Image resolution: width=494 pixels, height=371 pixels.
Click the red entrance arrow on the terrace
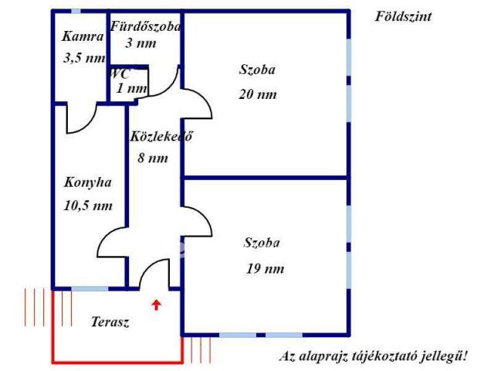click(x=157, y=305)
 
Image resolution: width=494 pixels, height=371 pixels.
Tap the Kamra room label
click(x=83, y=36)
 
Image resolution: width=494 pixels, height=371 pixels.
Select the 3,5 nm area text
click(x=84, y=58)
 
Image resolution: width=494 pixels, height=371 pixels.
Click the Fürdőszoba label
click(x=145, y=26)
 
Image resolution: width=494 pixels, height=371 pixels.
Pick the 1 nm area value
click(x=131, y=88)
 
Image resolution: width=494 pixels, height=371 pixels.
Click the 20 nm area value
click(x=257, y=94)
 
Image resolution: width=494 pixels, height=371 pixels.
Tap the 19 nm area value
click(x=265, y=269)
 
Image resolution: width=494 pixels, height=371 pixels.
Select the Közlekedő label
click(x=161, y=136)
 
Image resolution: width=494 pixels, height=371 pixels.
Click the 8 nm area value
click(x=153, y=158)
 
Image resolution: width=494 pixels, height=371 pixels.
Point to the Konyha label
click(x=87, y=182)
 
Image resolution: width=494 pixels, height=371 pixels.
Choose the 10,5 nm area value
click(x=88, y=206)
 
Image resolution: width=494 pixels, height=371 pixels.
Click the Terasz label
click(x=110, y=322)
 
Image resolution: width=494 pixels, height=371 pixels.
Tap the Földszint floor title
click(x=403, y=16)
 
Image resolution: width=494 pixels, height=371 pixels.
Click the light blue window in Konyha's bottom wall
click(x=90, y=288)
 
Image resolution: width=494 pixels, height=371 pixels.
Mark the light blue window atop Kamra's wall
click(x=76, y=12)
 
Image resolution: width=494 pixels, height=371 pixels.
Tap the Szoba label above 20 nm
click(x=257, y=70)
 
